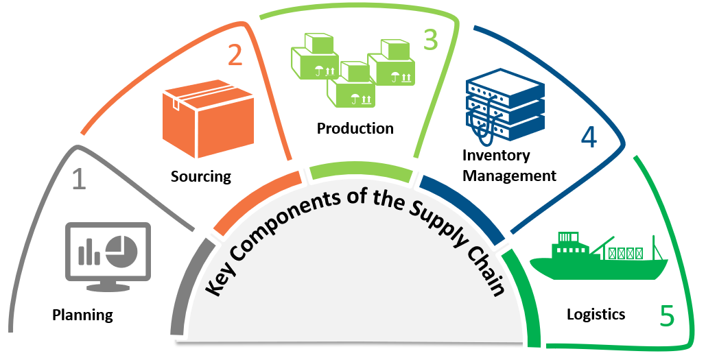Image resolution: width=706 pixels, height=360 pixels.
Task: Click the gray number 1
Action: point(80,179)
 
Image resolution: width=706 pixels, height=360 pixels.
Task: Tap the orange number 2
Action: point(235,55)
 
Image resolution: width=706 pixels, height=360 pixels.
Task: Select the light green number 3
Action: point(430,40)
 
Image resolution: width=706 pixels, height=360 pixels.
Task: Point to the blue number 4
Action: point(588,137)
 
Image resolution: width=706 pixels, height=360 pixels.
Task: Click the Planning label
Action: point(82,315)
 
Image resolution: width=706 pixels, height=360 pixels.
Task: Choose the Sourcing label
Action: point(201,176)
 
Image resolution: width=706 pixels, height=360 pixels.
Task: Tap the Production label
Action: point(355,128)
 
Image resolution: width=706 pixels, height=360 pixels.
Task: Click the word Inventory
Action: point(496,155)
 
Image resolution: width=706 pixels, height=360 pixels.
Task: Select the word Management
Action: point(509,176)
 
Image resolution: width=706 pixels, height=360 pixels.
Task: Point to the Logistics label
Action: point(596,314)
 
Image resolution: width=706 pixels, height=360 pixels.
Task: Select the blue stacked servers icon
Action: point(504,107)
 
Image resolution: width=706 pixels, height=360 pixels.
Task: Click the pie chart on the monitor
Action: point(123,249)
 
